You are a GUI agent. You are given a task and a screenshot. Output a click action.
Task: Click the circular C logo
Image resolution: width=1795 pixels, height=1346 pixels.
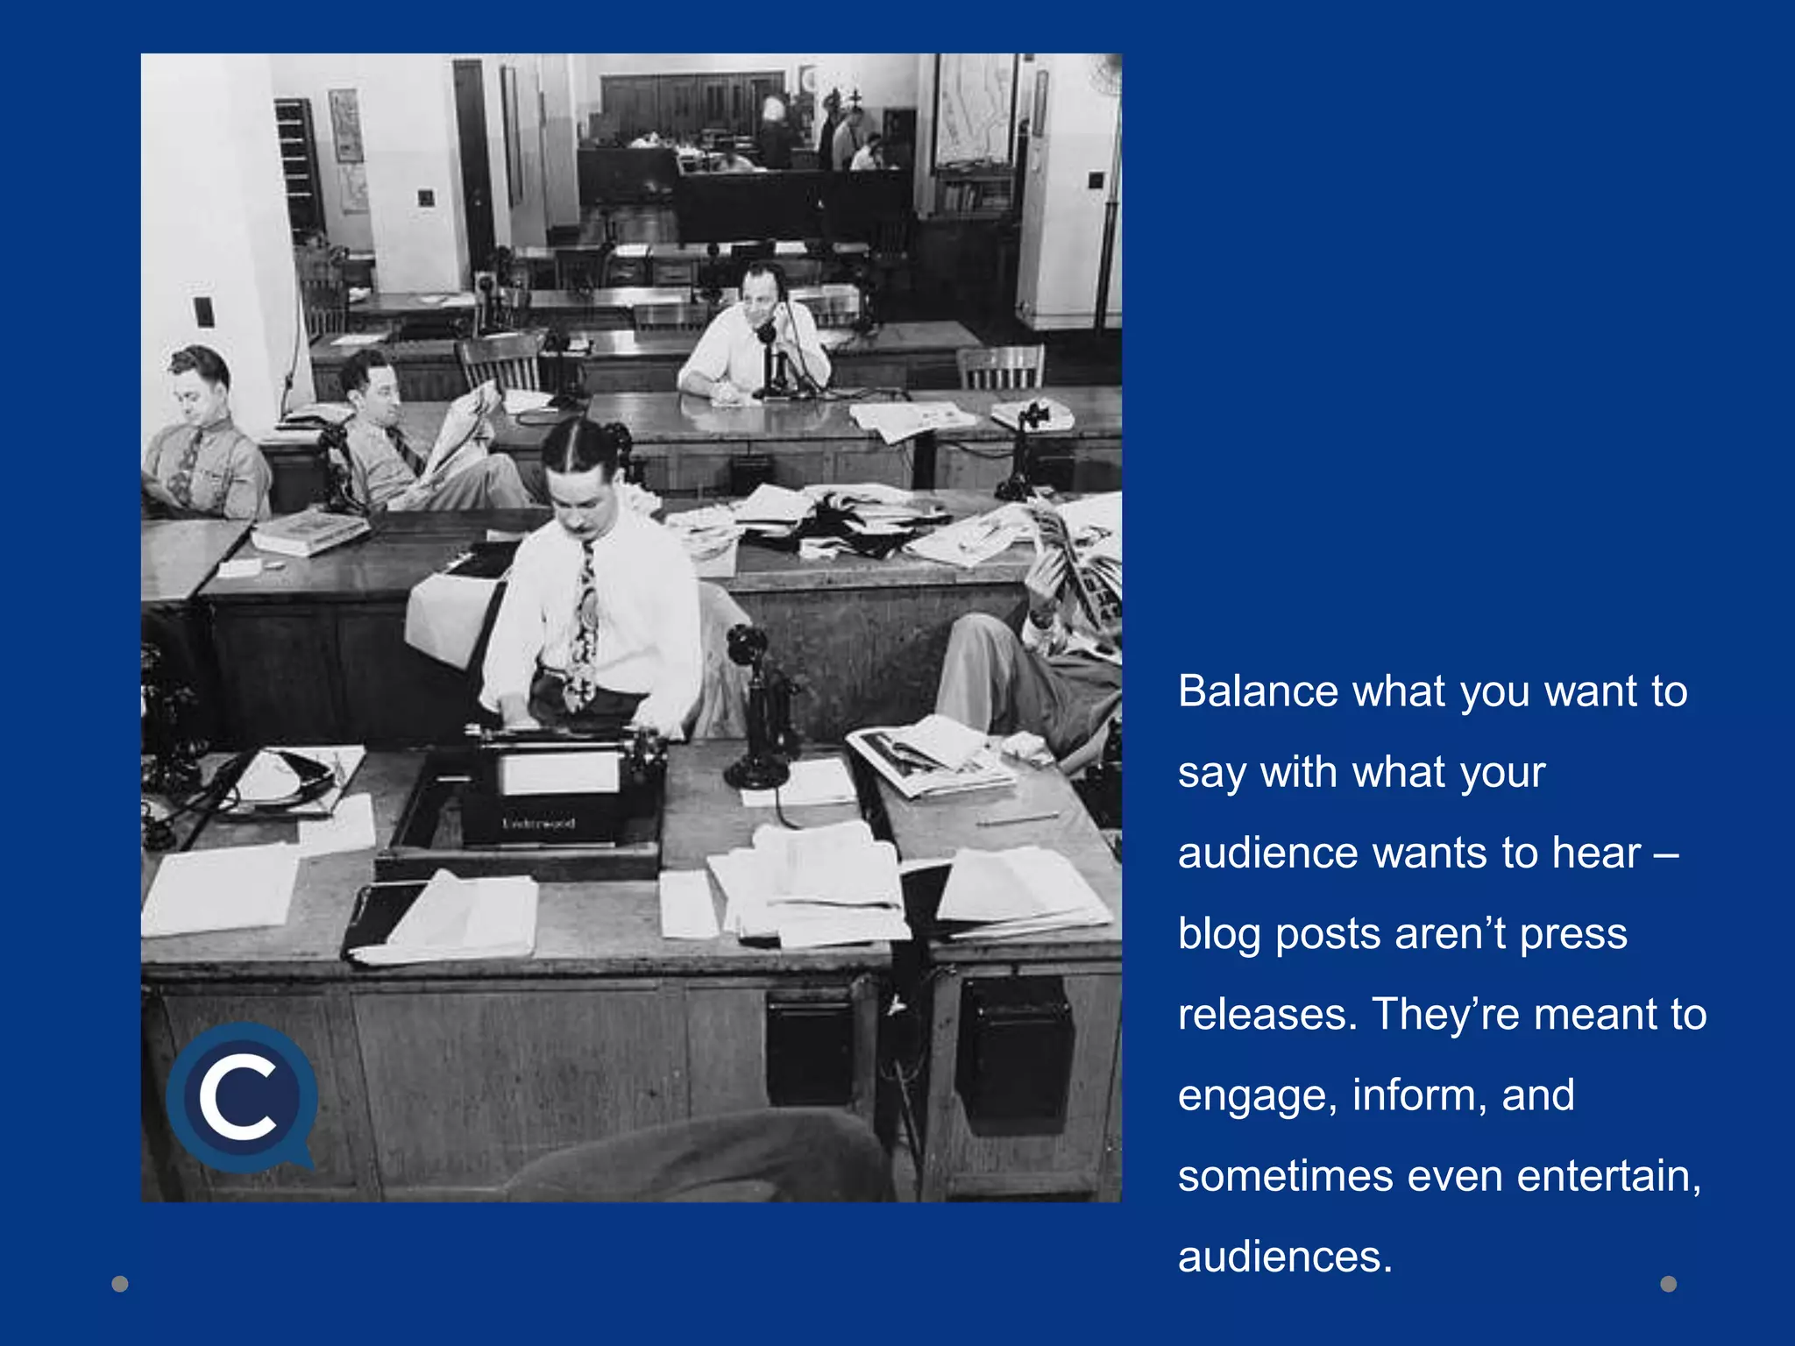click(x=239, y=1097)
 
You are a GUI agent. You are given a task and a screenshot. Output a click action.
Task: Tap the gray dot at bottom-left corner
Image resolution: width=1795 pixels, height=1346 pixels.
click(x=120, y=1284)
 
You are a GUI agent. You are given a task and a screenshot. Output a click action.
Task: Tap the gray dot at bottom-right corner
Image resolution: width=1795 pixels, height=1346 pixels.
click(x=1669, y=1284)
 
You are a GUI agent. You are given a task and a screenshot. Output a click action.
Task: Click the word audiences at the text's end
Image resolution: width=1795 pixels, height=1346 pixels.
click(x=1284, y=1257)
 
